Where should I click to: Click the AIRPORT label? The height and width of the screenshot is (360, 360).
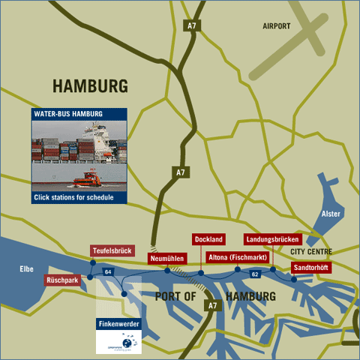pyautogui.click(x=276, y=26)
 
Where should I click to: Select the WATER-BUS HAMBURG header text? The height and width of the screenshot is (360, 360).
pyautogui.click(x=68, y=114)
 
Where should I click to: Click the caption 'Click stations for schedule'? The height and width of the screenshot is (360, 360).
pyautogui.click(x=73, y=198)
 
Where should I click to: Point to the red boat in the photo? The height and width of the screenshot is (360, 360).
pyautogui.click(x=88, y=180)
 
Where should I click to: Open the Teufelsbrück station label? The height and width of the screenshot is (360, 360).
pyautogui.click(x=112, y=250)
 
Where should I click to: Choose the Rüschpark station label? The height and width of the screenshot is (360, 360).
pyautogui.click(x=63, y=280)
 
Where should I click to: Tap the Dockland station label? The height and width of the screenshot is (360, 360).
pyautogui.click(x=208, y=239)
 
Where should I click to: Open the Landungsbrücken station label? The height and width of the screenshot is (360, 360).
pyautogui.click(x=272, y=240)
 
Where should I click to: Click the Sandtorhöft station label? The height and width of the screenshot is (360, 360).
pyautogui.click(x=310, y=267)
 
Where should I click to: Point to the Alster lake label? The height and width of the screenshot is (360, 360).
pyautogui.click(x=331, y=214)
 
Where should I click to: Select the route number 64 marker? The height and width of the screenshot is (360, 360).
pyautogui.click(x=109, y=271)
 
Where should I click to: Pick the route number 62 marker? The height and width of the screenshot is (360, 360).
pyautogui.click(x=255, y=274)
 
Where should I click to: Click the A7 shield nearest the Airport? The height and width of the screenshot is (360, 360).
pyautogui.click(x=193, y=26)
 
